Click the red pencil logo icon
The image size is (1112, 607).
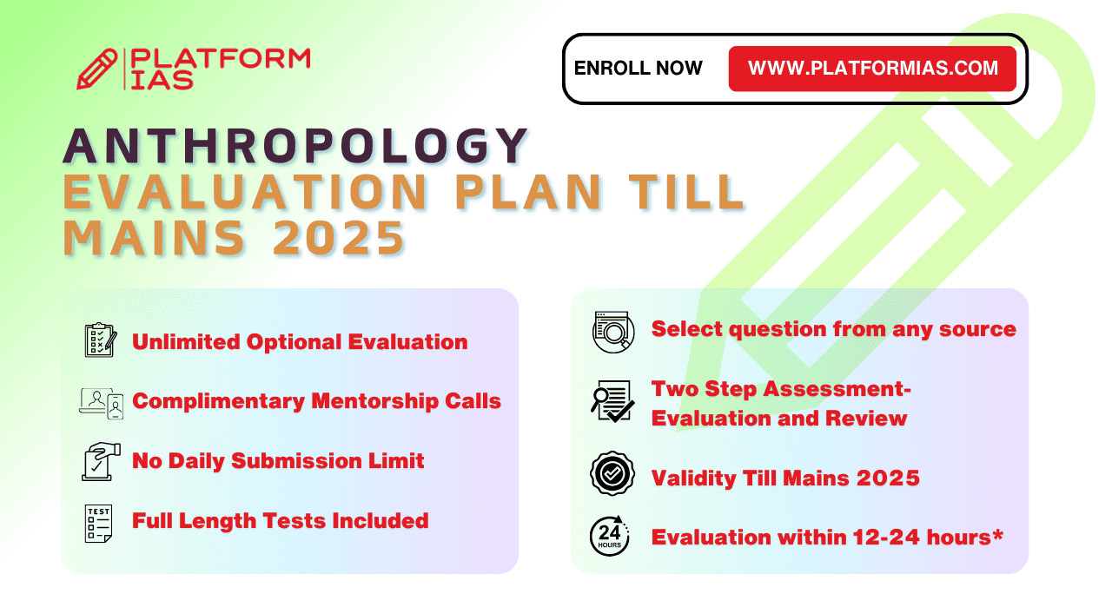coord(96,69)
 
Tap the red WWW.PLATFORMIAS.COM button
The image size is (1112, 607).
coord(872,69)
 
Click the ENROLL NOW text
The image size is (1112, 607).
coord(638,68)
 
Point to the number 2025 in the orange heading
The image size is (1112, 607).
coord(339,238)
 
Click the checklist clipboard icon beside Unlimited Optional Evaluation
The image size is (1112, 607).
coord(101,340)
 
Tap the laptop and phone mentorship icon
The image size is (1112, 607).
coord(102,403)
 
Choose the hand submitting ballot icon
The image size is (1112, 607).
coord(101,462)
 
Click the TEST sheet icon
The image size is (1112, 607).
coord(98,524)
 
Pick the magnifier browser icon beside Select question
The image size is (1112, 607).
coord(613,332)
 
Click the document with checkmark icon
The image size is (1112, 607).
coord(612,401)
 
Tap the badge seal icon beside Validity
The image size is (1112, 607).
coord(612,473)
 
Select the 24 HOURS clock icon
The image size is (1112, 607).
coord(610,536)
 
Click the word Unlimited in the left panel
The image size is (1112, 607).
coord(186,342)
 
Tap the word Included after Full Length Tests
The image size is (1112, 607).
coord(380,521)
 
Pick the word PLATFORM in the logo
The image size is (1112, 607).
coord(221,58)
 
